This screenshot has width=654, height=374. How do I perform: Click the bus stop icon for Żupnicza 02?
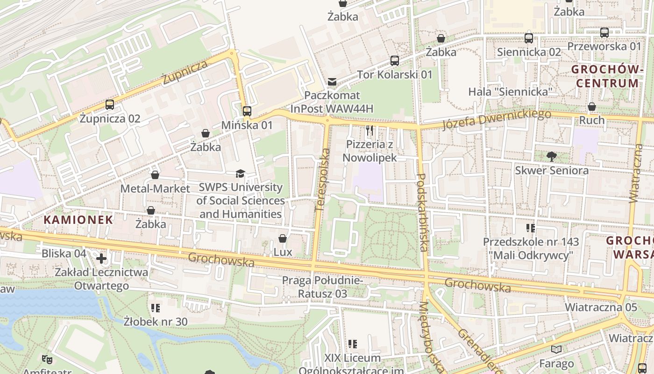pyautogui.click(x=110, y=104)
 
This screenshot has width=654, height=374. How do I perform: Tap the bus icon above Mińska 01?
pyautogui.click(x=247, y=111)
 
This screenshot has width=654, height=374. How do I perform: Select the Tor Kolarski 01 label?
pyautogui.click(x=395, y=74)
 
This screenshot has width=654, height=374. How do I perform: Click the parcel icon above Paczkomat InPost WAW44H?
pyautogui.click(x=332, y=82)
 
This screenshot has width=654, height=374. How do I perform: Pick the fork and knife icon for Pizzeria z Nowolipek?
pyautogui.click(x=370, y=130)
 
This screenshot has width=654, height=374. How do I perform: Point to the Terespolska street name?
pyautogui.click(x=322, y=180)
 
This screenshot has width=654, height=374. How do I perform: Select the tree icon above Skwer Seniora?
pyautogui.click(x=552, y=157)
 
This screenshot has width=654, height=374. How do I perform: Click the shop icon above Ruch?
pyautogui.click(x=592, y=107)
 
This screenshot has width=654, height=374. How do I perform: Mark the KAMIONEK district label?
pyautogui.click(x=78, y=219)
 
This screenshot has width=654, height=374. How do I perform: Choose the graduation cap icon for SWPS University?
pyautogui.click(x=240, y=174)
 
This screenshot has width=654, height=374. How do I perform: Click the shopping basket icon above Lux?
pyautogui.click(x=283, y=239)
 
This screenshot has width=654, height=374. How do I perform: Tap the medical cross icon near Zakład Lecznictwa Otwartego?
pyautogui.click(x=101, y=258)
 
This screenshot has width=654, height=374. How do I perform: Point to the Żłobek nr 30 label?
pyautogui.click(x=156, y=321)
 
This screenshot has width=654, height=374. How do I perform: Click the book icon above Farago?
pyautogui.click(x=556, y=350)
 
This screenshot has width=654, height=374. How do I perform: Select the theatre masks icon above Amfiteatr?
pyautogui.click(x=46, y=359)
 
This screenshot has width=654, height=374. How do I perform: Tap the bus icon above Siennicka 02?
pyautogui.click(x=529, y=38)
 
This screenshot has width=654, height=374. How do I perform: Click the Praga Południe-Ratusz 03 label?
pyautogui.click(x=322, y=287)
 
